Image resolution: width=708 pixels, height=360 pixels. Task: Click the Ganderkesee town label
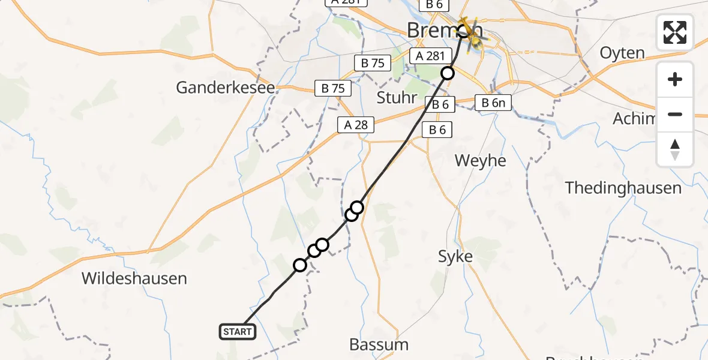coord(226,88)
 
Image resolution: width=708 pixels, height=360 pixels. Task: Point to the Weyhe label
coord(480,161)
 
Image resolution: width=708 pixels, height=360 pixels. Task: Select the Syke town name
coord(455,257)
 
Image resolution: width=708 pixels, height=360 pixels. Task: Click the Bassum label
coord(379,344)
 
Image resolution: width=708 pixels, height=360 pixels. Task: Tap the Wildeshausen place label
coord(134,278)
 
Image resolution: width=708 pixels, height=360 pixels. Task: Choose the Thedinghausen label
coord(623,188)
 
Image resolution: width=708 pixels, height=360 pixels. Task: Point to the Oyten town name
coord(622,53)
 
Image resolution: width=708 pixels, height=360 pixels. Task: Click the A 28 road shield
coord(356,125)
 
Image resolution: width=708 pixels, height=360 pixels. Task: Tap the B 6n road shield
coord(494,103)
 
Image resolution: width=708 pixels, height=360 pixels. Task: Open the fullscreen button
coord(675,32)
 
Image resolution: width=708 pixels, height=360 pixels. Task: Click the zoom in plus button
coord(675,79)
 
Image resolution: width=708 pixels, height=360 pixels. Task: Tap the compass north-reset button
coord(675,149)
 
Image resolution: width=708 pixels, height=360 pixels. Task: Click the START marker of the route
coord(238,331)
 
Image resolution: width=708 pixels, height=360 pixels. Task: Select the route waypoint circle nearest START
coord(300,265)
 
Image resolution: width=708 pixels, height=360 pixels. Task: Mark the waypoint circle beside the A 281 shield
coord(448,73)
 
